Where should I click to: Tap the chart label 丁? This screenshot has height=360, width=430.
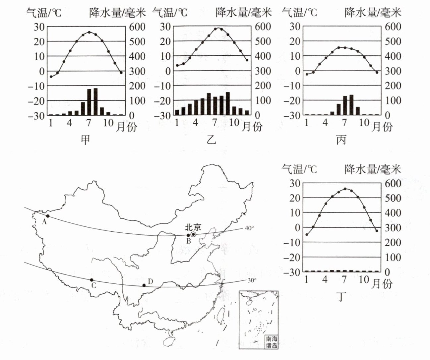(341, 297)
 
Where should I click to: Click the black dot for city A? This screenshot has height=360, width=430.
(48, 216)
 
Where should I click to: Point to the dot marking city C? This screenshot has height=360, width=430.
(92, 280)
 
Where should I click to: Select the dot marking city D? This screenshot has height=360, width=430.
(144, 285)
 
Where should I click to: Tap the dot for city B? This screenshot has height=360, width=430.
(188, 235)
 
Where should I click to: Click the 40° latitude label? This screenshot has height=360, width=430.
(249, 228)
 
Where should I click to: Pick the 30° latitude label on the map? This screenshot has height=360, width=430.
(252, 280)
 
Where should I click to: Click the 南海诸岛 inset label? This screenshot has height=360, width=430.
(271, 342)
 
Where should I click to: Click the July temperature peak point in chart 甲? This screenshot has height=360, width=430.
(89, 32)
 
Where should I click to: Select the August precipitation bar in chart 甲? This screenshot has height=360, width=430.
(95, 101)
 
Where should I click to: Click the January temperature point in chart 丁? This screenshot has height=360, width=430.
(307, 234)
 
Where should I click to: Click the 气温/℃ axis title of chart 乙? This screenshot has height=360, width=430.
(170, 13)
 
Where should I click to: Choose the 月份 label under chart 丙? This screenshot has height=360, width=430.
(382, 126)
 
